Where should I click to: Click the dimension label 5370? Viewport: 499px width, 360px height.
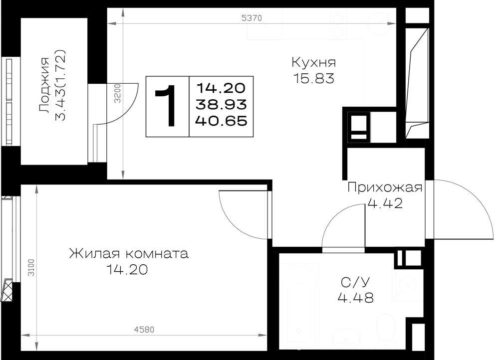[251, 18]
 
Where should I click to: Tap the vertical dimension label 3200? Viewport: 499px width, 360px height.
[118, 93]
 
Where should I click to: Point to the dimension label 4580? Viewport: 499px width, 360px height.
[144, 330]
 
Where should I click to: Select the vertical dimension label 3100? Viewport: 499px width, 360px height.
[31, 268]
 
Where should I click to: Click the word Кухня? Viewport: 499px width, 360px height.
[314, 62]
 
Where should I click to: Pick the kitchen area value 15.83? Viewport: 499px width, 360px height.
[314, 78]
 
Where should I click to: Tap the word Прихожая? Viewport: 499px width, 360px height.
[385, 187]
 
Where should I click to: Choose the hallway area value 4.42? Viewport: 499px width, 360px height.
[385, 203]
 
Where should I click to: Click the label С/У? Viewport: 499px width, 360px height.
[355, 282]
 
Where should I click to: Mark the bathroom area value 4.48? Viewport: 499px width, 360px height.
[355, 298]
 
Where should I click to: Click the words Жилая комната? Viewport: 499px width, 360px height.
[129, 254]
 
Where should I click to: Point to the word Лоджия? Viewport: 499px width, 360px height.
[44, 85]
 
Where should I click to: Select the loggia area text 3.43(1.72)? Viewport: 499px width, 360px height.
[60, 85]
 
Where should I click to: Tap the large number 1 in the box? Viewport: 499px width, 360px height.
[167, 106]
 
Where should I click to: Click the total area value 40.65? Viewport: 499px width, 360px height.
[222, 121]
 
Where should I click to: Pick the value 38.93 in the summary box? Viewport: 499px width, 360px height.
[222, 104]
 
